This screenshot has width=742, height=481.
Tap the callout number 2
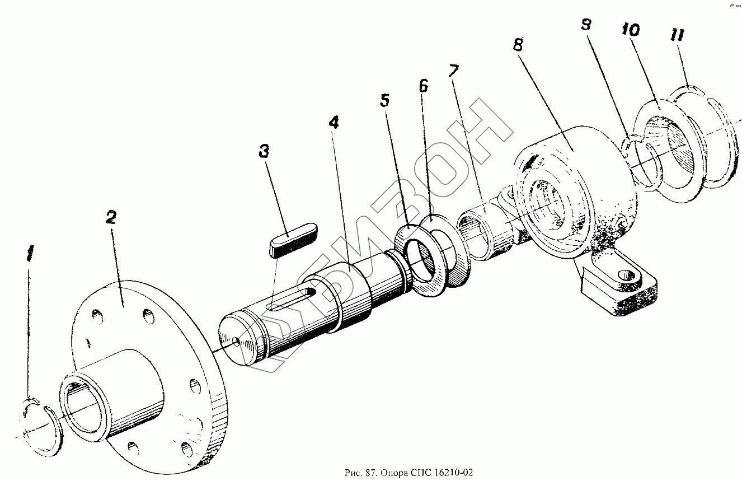[x=111, y=218]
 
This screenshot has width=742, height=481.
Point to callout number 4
[x=334, y=123]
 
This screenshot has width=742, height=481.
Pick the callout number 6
[x=424, y=86]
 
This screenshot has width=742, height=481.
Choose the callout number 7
[x=453, y=71]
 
